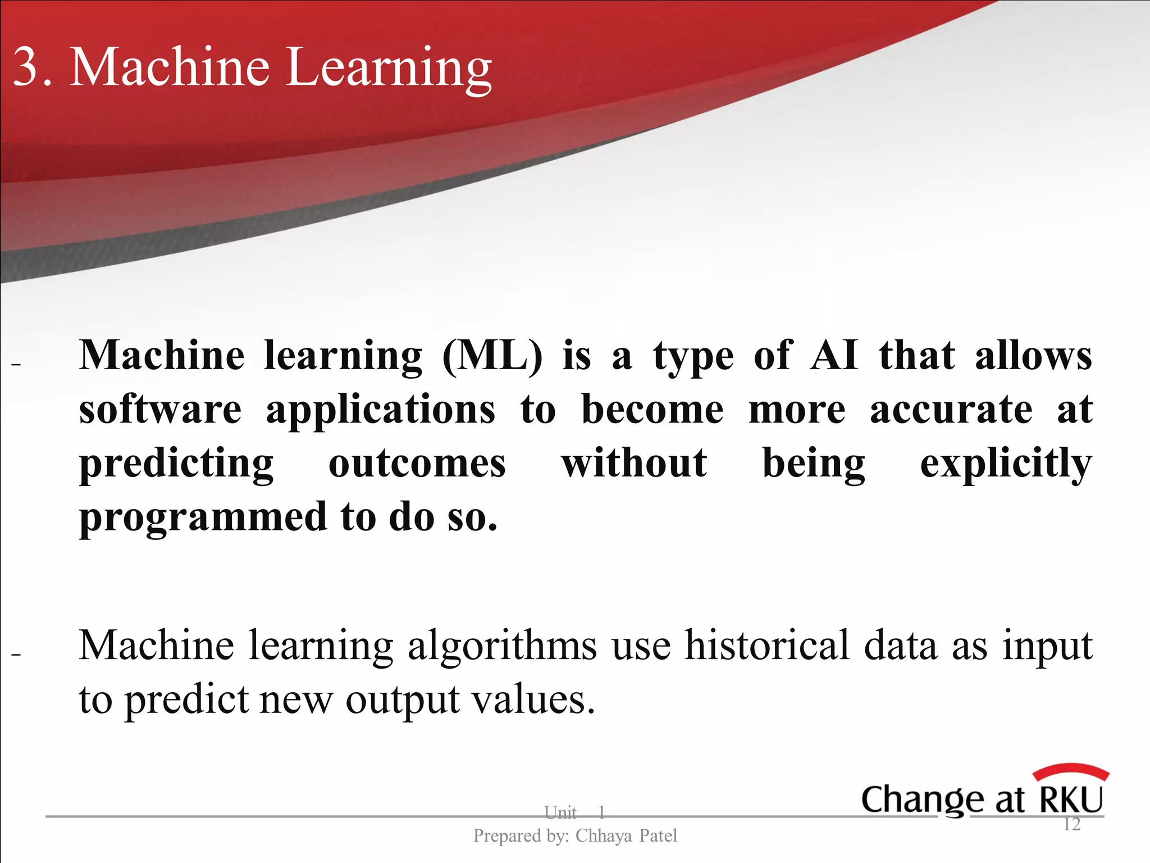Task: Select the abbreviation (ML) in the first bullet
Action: pyautogui.click(x=492, y=357)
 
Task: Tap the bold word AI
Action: pyautogui.click(x=834, y=356)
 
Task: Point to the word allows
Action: pyautogui.click(x=1033, y=356)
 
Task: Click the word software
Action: pyautogui.click(x=160, y=410)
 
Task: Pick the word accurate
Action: pyautogui.click(x=951, y=410)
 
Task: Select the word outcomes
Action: pyautogui.click(x=417, y=464)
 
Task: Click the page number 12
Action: pyautogui.click(x=1071, y=824)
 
